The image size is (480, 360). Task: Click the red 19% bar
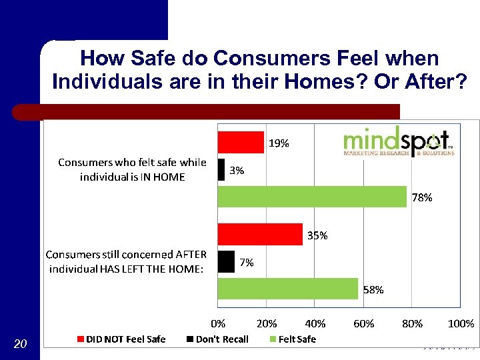(241, 142)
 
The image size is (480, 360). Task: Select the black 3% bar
(221, 170)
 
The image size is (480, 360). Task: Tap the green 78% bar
(312, 197)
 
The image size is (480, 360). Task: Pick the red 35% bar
(260, 235)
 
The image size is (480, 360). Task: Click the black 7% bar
(227, 262)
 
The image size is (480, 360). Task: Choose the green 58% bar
(288, 289)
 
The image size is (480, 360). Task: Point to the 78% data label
(422, 197)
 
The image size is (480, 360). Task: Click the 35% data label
(317, 235)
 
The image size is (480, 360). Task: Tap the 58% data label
(373, 290)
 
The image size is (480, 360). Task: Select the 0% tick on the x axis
(218, 324)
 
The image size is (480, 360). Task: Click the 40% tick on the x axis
(315, 324)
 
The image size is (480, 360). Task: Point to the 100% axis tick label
(461, 324)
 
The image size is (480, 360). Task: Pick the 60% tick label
(363, 324)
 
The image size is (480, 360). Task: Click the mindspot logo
(399, 141)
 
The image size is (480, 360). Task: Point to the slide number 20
(20, 344)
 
